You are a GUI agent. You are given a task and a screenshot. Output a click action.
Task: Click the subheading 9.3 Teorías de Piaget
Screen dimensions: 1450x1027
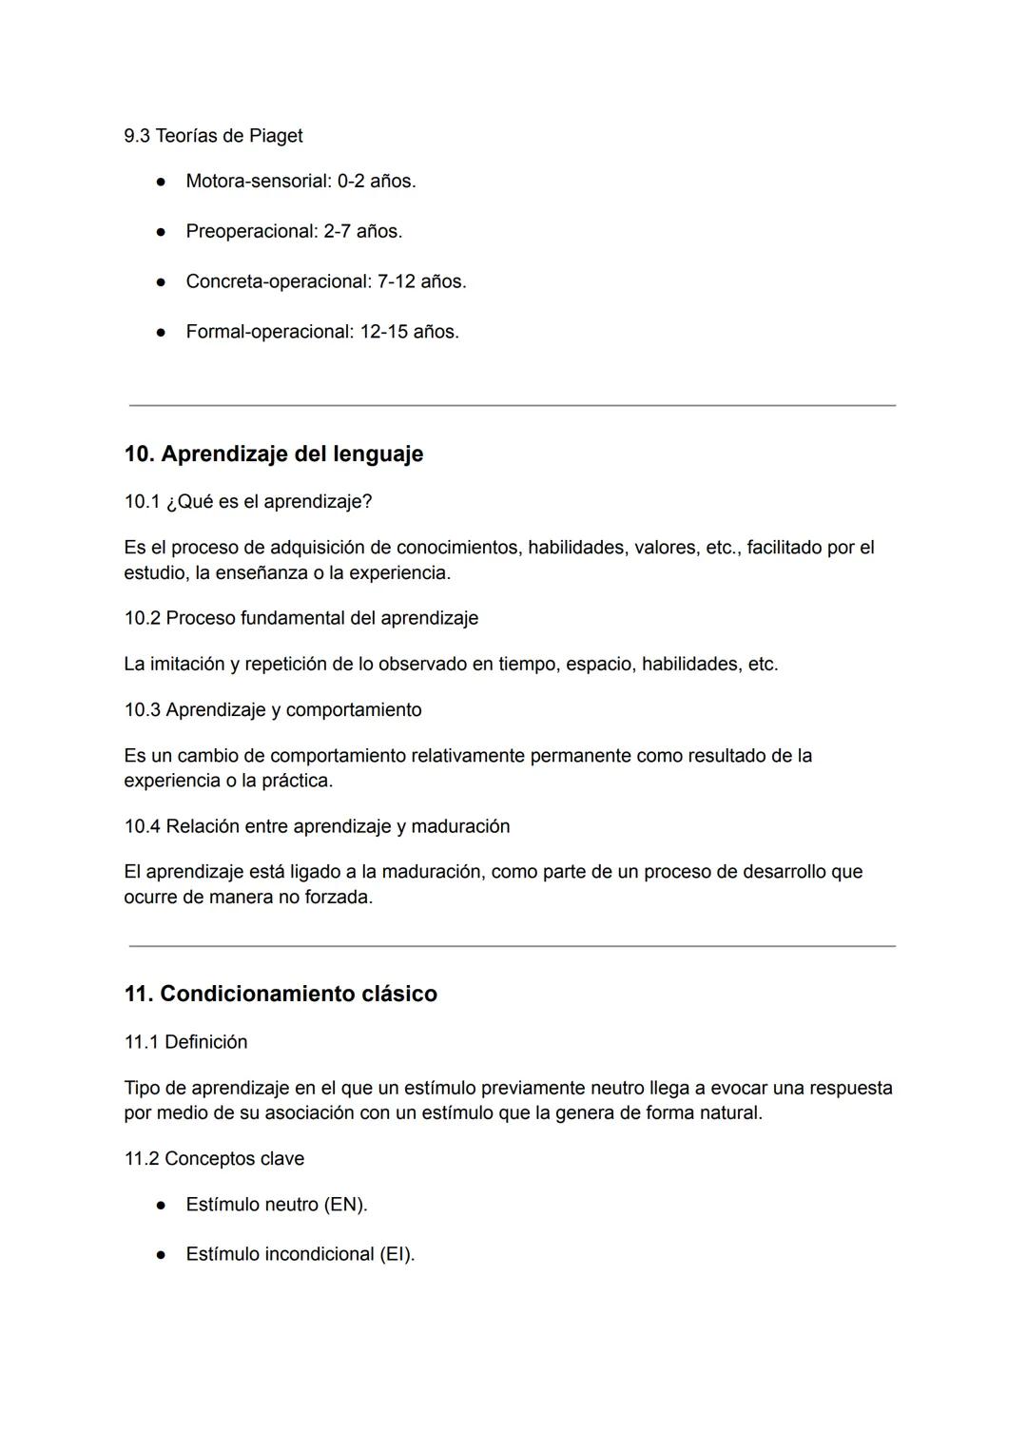point(213,136)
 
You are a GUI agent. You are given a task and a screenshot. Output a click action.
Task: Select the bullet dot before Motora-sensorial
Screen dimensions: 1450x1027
point(163,182)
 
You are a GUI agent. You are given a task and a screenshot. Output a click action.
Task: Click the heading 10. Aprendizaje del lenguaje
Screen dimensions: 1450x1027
point(274,454)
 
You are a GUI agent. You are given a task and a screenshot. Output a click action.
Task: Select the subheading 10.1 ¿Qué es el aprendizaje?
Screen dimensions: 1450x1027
point(248,501)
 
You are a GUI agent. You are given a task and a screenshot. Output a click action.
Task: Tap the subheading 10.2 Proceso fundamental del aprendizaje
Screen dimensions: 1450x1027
point(301,618)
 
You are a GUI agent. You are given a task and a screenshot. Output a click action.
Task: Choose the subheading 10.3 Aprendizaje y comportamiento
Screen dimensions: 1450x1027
point(273,710)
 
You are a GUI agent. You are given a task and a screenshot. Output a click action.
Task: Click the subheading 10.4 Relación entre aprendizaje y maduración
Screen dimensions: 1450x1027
point(317,826)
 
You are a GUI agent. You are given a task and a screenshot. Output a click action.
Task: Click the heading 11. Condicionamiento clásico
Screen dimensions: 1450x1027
point(281,994)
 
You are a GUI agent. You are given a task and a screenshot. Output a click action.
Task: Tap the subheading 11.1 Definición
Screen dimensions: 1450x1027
point(185,1042)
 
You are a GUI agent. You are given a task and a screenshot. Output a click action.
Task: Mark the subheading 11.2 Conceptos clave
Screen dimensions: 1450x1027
point(214,1158)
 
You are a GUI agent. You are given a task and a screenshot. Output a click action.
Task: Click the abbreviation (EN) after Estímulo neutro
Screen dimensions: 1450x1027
point(345,1205)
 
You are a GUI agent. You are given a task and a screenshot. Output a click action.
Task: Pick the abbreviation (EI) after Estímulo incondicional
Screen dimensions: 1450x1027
point(397,1254)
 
